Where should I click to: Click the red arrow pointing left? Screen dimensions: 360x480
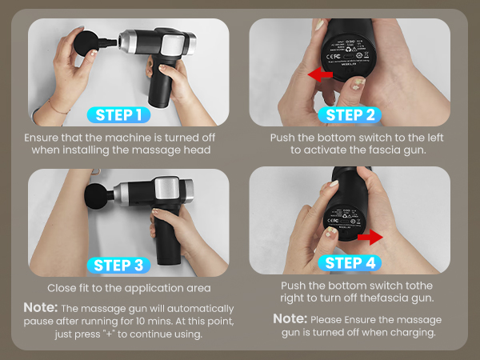(321, 75)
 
